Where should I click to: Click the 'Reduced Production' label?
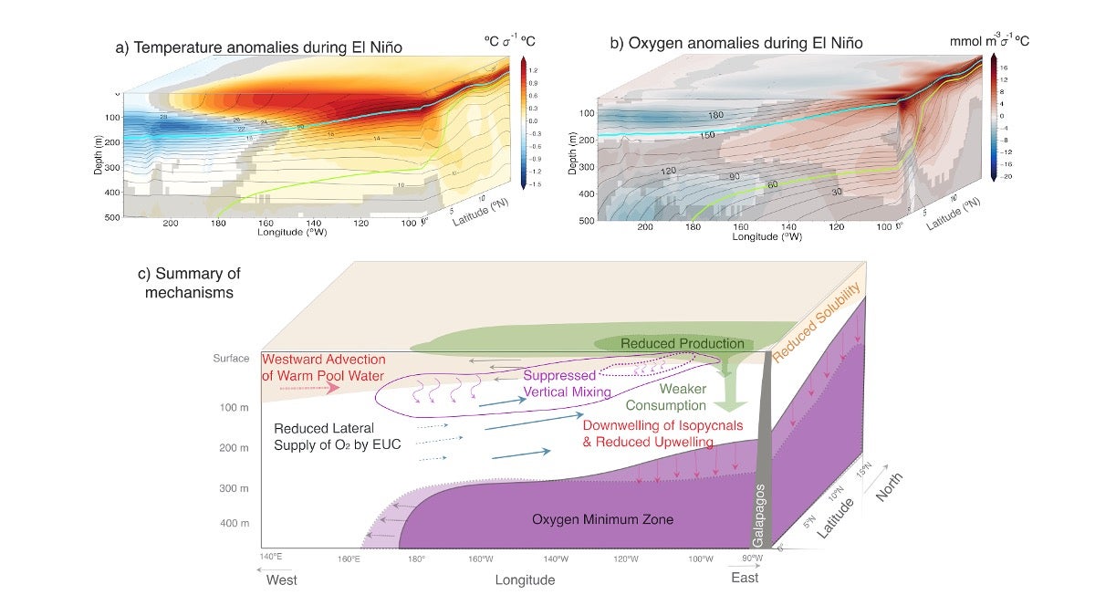683,343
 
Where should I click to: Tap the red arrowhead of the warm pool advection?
332,388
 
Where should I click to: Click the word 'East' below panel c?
746,578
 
